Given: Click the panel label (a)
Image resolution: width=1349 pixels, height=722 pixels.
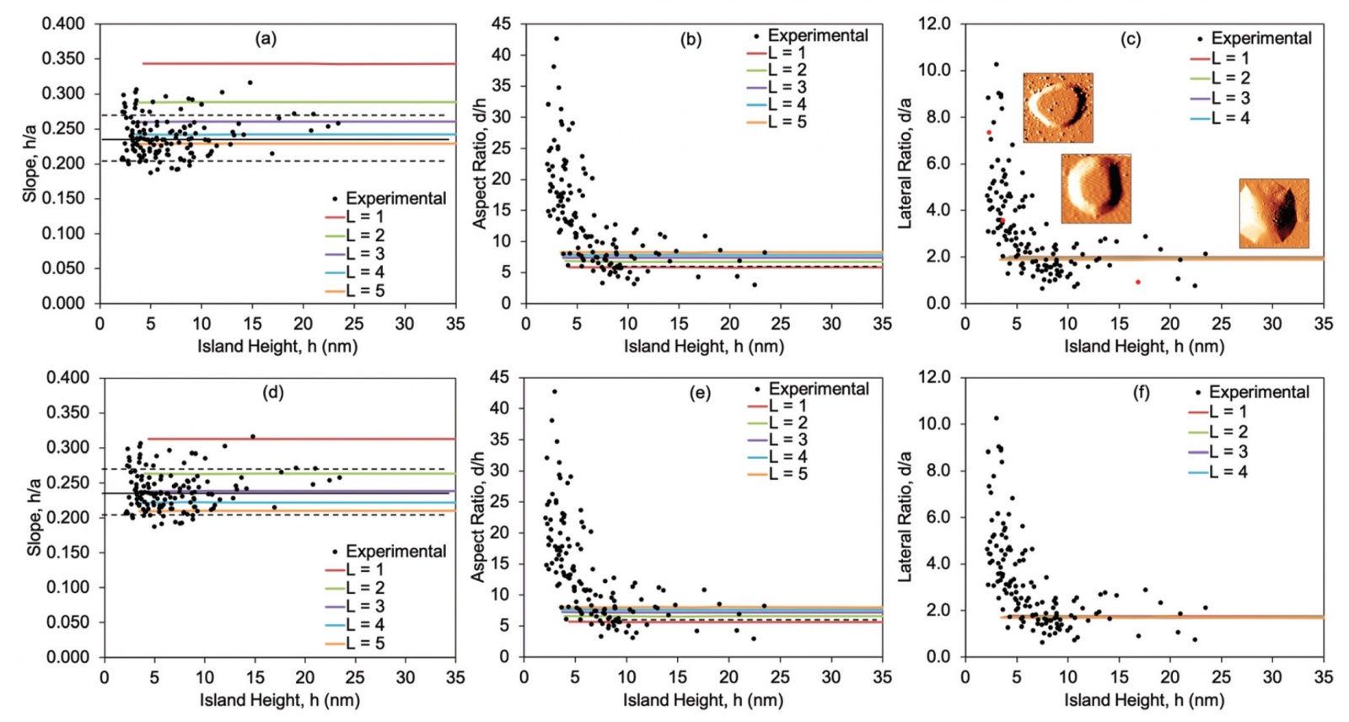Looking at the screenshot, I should click(x=266, y=38).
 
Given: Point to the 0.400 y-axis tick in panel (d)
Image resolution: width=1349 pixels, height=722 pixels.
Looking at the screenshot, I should click(x=67, y=377).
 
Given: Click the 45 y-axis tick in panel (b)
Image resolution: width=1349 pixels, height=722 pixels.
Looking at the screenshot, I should click(x=501, y=24).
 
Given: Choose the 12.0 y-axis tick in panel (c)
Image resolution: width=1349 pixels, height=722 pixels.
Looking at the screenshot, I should click(x=934, y=24).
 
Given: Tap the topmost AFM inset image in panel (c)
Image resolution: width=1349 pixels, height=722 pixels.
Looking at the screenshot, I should click(x=1057, y=107).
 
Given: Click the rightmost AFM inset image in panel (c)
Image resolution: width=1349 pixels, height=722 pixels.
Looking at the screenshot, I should click(x=1273, y=213).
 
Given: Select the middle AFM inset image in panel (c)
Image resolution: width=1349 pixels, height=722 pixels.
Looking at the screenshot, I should click(x=1095, y=188).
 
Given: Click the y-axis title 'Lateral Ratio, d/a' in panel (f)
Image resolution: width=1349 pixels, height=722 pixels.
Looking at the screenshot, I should click(x=906, y=516).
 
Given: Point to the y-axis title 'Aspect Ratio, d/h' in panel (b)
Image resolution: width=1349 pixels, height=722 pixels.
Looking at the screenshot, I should click(x=480, y=164).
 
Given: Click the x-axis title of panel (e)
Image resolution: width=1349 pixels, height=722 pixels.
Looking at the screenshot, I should click(x=702, y=700).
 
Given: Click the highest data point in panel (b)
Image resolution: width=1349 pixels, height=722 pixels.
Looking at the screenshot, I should click(x=556, y=39).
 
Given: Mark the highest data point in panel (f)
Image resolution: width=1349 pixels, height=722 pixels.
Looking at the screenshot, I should click(x=996, y=418).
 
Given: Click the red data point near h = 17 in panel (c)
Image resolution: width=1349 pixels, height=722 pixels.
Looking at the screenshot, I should click(x=1137, y=282).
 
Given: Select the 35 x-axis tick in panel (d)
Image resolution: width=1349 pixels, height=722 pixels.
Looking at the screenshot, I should click(x=455, y=676).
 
